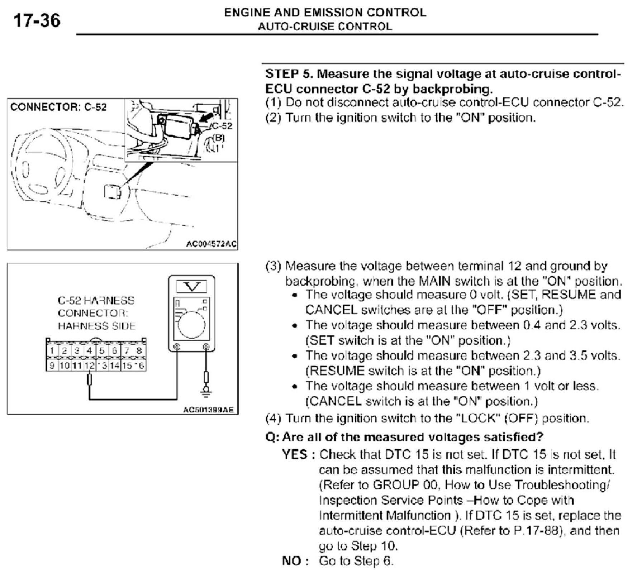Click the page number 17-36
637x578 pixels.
pos(37,20)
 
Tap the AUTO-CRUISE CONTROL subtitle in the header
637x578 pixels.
pos(325,27)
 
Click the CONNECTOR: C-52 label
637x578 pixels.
pos(58,107)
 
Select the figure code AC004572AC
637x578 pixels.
pos(211,244)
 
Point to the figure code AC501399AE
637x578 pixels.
pos(210,410)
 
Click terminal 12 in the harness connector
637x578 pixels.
pos(90,366)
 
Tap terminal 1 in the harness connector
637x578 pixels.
pos(52,350)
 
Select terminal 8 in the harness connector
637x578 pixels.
pos(139,350)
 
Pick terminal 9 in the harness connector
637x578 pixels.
pos(52,366)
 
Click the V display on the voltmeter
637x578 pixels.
pos(192,286)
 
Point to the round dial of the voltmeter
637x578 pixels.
pos(192,324)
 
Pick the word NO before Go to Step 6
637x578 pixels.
pos(291,561)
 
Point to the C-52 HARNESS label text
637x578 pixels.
pos(96,301)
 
